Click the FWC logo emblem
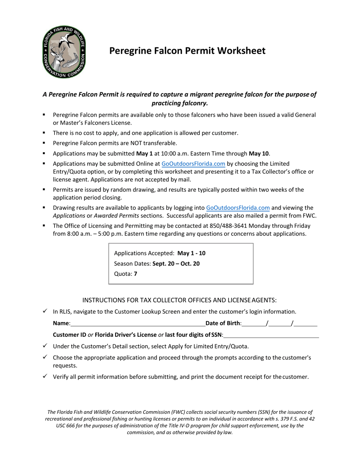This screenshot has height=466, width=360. [64, 52]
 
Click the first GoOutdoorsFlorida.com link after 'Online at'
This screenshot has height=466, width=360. [193, 164]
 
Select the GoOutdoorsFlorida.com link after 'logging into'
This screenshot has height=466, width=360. [238, 208]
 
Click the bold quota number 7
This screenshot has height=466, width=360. [136, 274]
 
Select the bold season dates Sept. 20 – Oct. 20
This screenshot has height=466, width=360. [176, 263]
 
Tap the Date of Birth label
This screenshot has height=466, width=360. [223, 323]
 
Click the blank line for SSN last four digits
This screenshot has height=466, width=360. [271, 335]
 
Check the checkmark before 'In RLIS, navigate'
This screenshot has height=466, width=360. [45, 311]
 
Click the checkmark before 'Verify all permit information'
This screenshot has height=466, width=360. [45, 376]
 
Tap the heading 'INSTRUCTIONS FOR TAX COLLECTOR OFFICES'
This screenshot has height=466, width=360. [179, 300]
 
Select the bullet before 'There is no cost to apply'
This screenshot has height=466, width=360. [44, 133]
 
